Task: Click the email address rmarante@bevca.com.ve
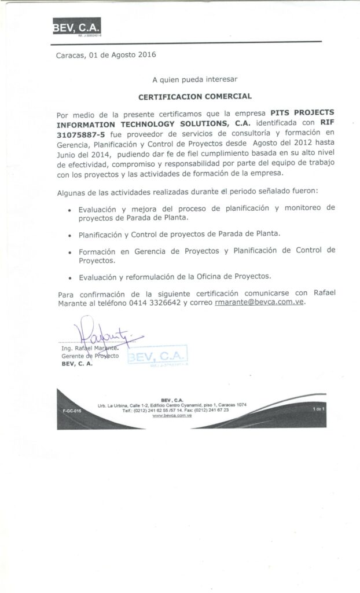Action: [259, 302]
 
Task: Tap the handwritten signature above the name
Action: [104, 334]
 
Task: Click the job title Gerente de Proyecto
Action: [90, 356]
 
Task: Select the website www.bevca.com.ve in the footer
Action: [172, 415]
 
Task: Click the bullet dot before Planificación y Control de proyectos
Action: [70, 236]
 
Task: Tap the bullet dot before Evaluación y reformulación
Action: [70, 277]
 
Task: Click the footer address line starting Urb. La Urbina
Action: [172, 405]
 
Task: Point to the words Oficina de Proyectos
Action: [239, 276]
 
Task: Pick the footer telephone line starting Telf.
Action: [172, 410]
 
